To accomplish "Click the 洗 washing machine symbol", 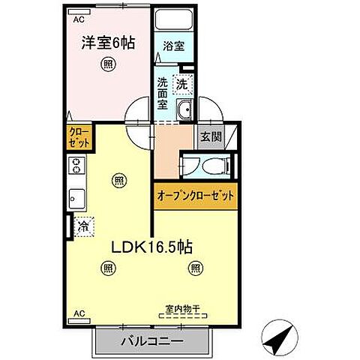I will point(181,85).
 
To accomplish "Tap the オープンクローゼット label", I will point(196,196).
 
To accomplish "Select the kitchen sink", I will point(76,198).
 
